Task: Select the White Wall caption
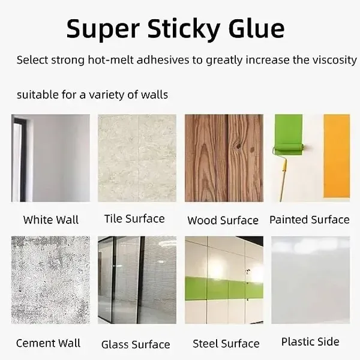point(50,220)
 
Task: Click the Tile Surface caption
point(134,218)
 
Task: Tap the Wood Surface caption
point(223,220)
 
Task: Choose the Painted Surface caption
point(309,220)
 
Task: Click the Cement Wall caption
point(48,343)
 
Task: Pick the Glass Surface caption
point(136,344)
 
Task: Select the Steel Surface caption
point(226,344)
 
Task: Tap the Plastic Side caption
point(310,342)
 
